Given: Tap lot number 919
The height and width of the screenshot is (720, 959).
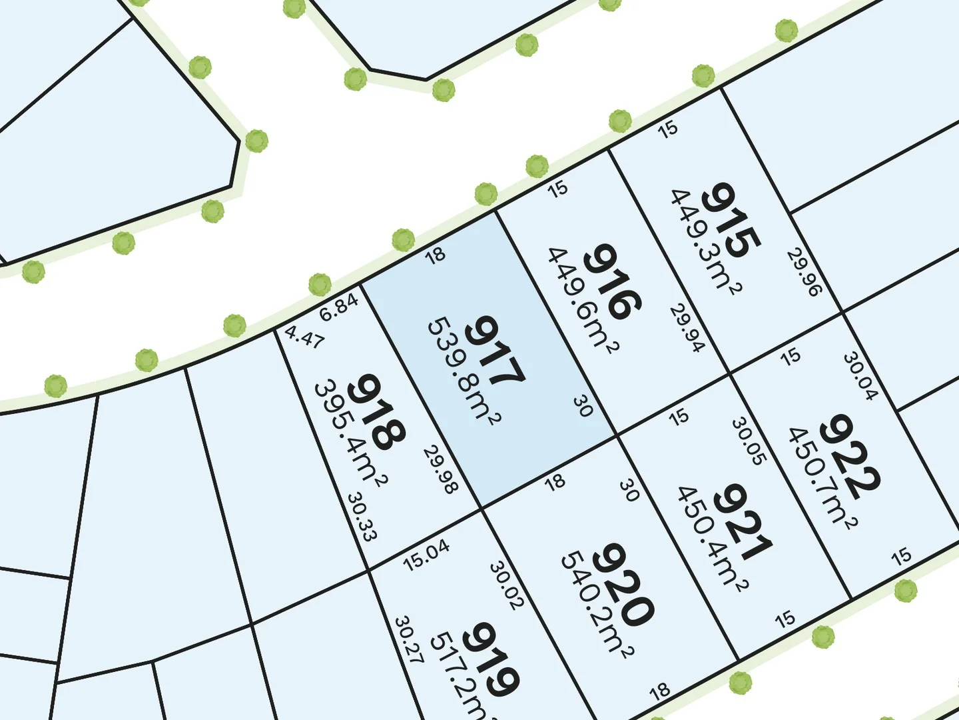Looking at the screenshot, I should point(490,660).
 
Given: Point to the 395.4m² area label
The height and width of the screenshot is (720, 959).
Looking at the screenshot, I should point(350,433).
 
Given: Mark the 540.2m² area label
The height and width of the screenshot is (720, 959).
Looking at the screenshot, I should point(597,603).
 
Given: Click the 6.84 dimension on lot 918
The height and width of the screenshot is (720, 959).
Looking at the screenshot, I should point(340,307).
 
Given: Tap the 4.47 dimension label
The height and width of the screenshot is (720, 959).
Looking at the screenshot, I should point(304,337).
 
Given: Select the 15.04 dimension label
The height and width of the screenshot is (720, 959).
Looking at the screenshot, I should point(426,555).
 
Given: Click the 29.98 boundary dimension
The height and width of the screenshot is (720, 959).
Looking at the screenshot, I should point(440,470).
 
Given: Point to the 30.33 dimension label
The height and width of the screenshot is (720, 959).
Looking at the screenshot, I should point(362,517).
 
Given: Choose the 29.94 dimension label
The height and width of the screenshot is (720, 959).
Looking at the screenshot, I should point(687,328).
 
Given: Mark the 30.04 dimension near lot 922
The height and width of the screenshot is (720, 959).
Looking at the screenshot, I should point(860,376).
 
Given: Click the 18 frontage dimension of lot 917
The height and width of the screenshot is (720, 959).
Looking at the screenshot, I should point(435,255).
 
